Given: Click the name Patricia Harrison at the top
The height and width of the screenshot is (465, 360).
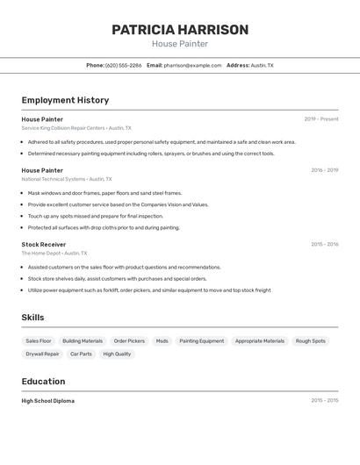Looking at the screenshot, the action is coord(180,30).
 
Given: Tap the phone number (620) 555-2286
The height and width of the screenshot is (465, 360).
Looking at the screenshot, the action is coord(123,65).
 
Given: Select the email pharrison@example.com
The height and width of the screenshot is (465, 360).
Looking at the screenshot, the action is coord(192,65).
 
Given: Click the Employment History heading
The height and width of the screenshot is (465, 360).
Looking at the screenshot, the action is coord(65,100).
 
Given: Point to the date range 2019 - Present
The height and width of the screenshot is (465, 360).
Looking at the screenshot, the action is coord(320,119).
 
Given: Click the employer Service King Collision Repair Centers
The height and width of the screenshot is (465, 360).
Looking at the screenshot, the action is coord(63,128).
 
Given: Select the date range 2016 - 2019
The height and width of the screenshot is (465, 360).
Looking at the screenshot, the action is coord(324,170).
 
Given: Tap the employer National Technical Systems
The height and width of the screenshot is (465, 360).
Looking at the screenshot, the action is coord(54,179).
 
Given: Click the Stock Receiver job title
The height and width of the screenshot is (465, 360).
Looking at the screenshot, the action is coord(44,244).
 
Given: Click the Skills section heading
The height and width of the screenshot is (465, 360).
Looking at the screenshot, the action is coord(32,318).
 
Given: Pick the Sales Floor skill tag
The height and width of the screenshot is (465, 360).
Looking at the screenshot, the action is coord(39,340).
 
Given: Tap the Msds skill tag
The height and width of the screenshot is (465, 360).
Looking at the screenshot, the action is coord(162,340).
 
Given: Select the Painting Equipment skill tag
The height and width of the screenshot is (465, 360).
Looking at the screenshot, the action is coord(202,340).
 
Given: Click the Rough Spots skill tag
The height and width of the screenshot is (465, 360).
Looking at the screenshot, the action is coord(310,340).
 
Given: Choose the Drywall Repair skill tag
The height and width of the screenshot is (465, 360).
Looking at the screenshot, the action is coord(42,354).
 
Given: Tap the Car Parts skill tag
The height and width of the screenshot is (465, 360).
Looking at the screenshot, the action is coord(81,354).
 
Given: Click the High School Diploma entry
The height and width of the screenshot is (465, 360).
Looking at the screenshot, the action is coord(48,401).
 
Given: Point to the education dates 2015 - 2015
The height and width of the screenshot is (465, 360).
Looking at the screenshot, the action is coord(324,401).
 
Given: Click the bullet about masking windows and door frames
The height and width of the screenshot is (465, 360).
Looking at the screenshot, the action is coord(104,193).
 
